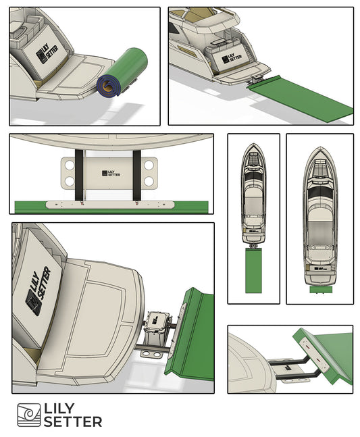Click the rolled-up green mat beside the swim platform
pos(123,72)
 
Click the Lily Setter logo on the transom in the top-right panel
pos(232,58)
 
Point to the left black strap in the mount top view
pos(79,175)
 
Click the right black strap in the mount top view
pos(136,175)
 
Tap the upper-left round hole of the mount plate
pos(70,165)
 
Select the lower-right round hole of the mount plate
pos(149,182)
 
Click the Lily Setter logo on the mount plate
pos(111,174)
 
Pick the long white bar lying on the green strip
pos(110,205)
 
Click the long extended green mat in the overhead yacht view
pos(253,271)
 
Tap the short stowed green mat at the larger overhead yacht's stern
pos(321,290)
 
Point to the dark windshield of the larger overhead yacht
pos(320,192)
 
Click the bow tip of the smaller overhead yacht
pos(253,144)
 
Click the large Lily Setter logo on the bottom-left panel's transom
pos(38,291)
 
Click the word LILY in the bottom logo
pos(59,409)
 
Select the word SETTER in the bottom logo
pos(73,421)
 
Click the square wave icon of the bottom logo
pos(28,415)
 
